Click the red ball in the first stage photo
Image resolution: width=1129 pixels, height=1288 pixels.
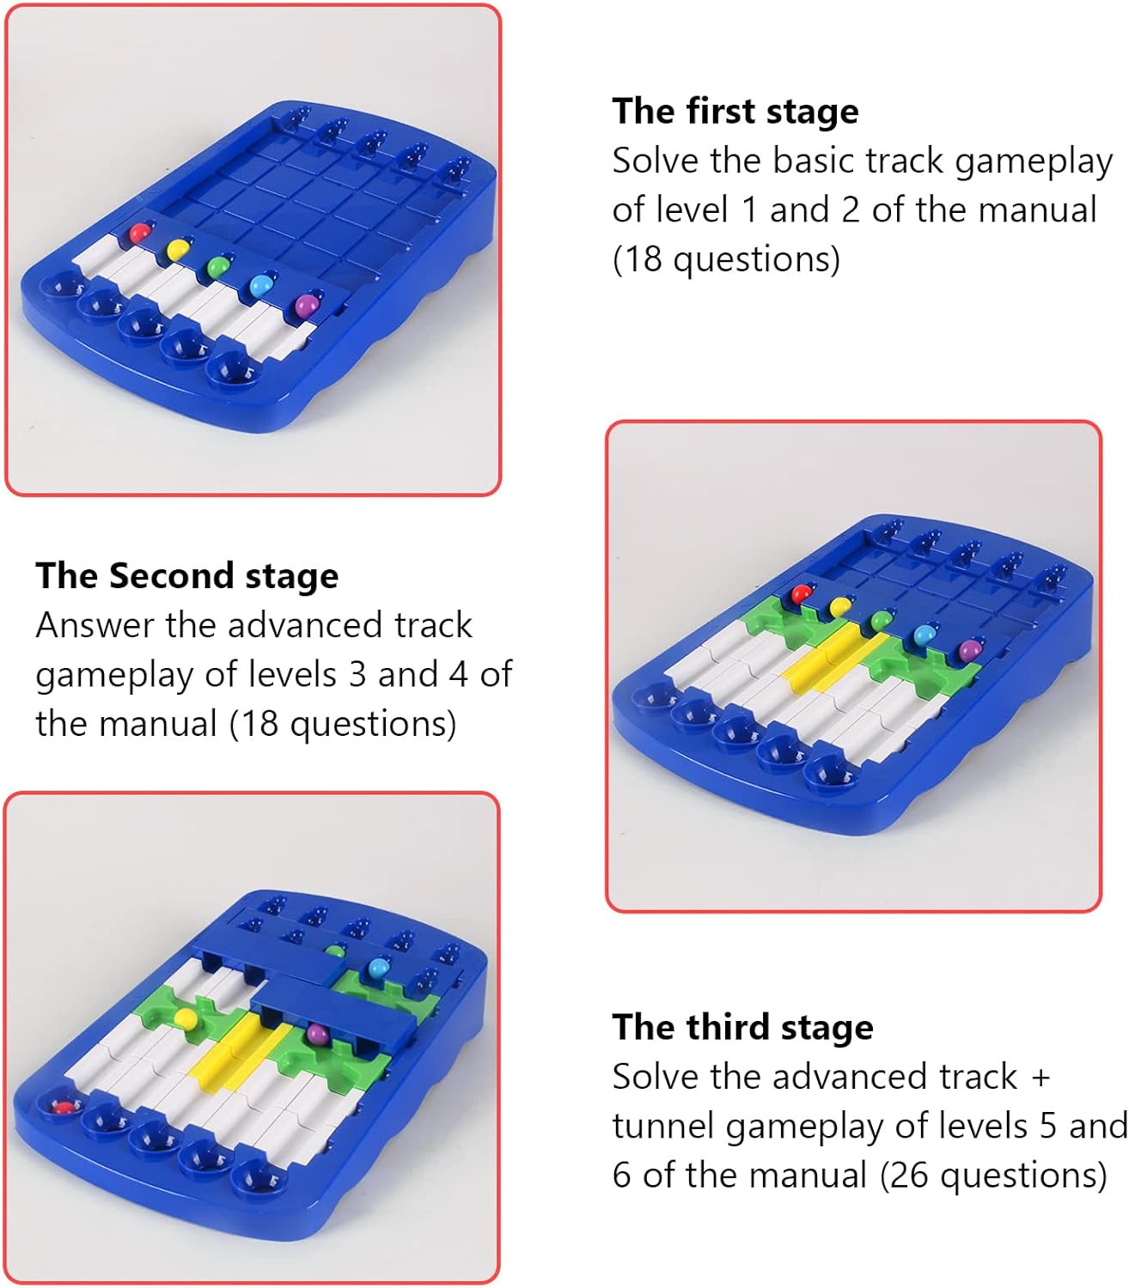[139, 232]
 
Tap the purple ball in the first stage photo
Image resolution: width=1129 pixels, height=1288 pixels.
[308, 305]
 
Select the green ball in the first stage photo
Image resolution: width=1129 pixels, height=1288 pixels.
[217, 265]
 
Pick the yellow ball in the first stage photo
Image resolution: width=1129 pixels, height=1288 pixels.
[178, 248]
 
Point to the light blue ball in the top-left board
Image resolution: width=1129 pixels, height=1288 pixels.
[261, 285]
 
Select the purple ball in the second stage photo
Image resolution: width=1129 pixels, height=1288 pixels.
[969, 649]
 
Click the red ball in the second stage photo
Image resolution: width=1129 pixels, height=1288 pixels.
[801, 594]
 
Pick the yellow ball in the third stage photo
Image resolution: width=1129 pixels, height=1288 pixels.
[185, 1018]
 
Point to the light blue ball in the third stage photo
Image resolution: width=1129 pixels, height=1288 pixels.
[378, 969]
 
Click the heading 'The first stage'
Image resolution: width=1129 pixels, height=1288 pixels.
[735, 112]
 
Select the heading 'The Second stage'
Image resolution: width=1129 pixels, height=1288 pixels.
[187, 576]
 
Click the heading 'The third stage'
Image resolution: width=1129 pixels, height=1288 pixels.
[742, 1027]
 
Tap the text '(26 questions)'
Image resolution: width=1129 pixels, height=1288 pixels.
[993, 1174]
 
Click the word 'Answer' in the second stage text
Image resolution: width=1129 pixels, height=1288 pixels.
[95, 625]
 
